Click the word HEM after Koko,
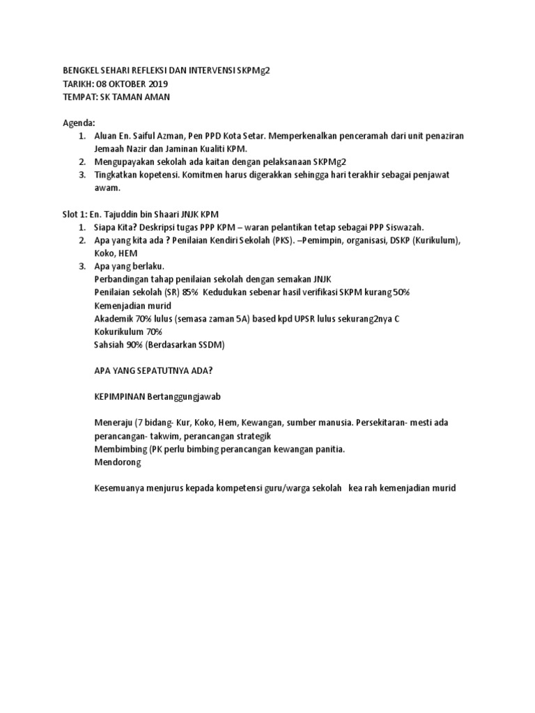(x=127, y=253)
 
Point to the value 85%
(x=190, y=292)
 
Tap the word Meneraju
(x=114, y=423)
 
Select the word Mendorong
(x=117, y=462)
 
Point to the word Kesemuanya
(x=121, y=488)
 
